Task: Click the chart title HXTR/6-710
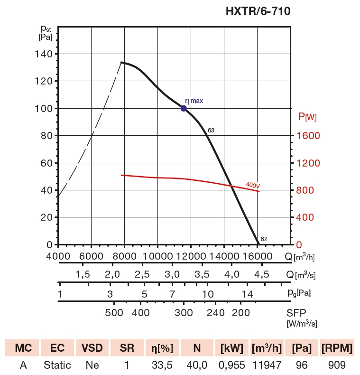click(258, 11)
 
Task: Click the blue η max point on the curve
click(184, 108)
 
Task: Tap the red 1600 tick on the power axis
click(308, 136)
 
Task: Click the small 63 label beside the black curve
click(211, 130)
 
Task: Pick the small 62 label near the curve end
click(264, 239)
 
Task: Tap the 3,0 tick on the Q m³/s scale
click(172, 274)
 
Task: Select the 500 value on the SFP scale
click(114, 312)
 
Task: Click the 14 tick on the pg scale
click(247, 294)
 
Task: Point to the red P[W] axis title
click(307, 116)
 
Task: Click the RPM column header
click(337, 348)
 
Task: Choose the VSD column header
click(92, 348)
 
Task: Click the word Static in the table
click(57, 365)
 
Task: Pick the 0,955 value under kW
click(232, 365)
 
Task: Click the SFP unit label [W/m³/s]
click(302, 324)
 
